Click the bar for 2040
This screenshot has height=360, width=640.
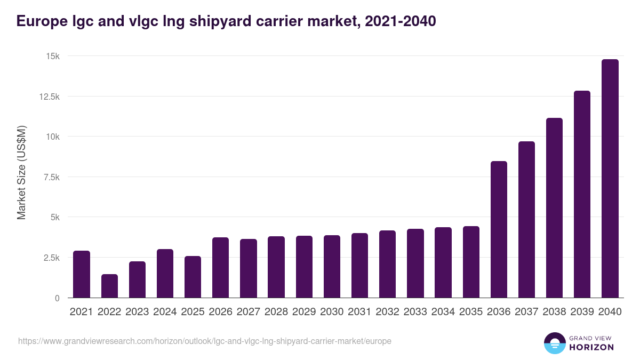[x=610, y=179]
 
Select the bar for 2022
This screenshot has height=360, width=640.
[x=109, y=286]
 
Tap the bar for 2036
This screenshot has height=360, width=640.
[x=499, y=229]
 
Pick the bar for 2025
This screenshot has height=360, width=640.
[x=193, y=277]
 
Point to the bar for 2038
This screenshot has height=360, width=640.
[x=554, y=208]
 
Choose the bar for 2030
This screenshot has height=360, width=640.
[x=332, y=267]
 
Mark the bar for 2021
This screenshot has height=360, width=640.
[x=82, y=274]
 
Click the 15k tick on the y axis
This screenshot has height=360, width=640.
[x=52, y=56]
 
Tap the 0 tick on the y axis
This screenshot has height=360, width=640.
[x=57, y=298]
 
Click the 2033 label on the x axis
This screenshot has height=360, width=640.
[x=415, y=312]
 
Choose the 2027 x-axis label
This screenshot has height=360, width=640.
[x=249, y=312]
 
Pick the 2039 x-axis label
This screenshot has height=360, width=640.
[x=582, y=312]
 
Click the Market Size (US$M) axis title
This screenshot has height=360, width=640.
[x=21, y=172]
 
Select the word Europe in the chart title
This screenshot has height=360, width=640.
[x=41, y=21]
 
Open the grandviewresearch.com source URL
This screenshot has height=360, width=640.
[x=205, y=341]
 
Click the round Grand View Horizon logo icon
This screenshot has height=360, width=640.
[x=554, y=343]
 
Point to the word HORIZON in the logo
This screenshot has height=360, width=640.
[x=591, y=347]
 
